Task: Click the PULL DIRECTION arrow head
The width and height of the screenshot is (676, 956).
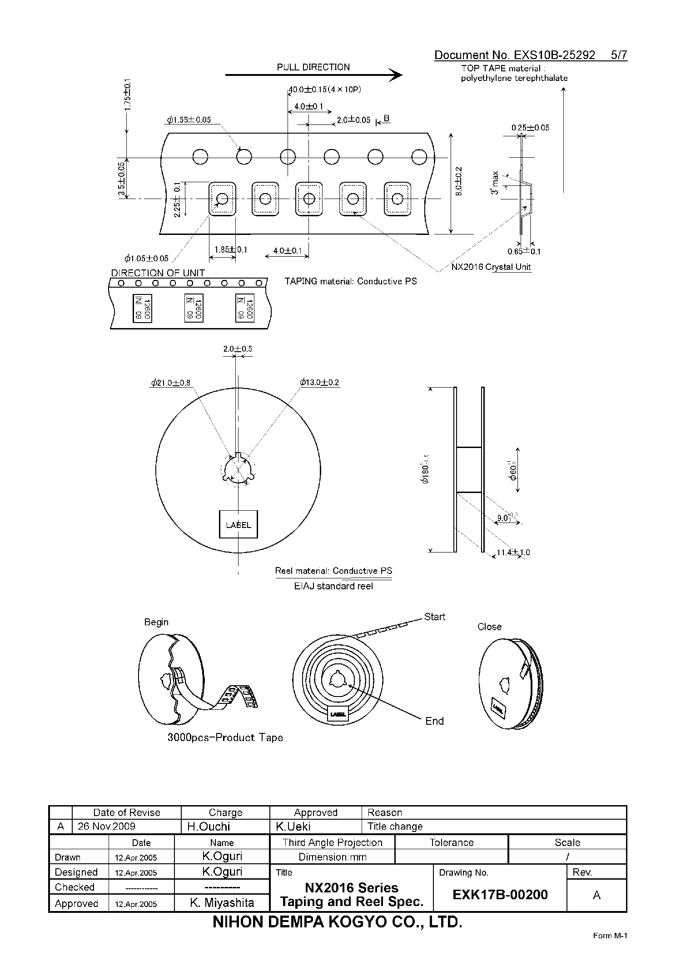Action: pos(397,75)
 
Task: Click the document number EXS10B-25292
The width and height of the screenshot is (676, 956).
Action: pos(554,55)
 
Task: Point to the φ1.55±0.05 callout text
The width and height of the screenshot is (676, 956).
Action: pos(189,120)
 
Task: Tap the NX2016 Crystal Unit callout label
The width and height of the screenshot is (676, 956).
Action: pos(491,267)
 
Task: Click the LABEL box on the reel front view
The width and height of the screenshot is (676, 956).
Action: pos(239,525)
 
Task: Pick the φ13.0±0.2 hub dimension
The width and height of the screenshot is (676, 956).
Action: pos(319,383)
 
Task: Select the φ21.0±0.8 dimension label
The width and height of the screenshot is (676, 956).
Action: pos(171,383)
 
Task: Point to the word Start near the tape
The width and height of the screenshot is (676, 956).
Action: pos(434,617)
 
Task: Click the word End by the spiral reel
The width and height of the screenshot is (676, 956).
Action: pos(434,721)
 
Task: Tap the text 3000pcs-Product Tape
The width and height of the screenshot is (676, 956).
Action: pos(225,738)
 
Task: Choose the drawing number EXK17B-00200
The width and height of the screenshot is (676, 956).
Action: pos(500,895)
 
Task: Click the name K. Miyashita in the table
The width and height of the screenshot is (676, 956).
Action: pos(222,903)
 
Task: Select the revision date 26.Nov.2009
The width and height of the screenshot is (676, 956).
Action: pos(107,826)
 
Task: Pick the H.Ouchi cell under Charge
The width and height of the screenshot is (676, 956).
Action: pos(209,827)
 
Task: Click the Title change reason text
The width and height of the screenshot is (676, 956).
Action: pos(395,827)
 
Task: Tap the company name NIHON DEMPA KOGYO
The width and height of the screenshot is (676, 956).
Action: pos(338,922)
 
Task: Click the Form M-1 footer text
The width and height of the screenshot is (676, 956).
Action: pos(610,936)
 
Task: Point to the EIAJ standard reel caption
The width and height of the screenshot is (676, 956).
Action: pos(333,586)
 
